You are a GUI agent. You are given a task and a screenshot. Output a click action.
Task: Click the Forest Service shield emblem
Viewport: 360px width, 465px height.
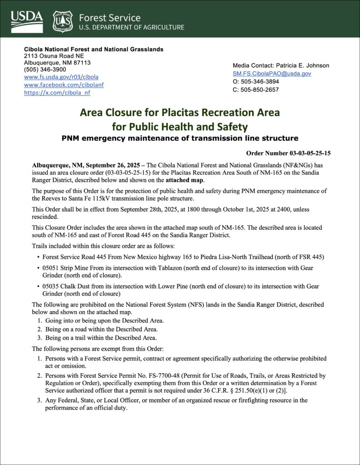point(62,21)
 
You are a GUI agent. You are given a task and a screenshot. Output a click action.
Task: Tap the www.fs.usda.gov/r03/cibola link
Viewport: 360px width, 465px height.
point(61,77)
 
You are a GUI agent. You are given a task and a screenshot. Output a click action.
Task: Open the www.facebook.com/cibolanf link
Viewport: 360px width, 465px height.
point(64,85)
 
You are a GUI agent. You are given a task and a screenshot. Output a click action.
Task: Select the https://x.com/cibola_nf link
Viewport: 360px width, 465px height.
point(57,93)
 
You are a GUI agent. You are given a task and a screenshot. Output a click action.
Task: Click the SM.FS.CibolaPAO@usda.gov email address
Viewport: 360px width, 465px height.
point(272,74)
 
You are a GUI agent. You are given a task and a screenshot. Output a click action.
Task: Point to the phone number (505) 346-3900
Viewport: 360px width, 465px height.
point(45,69)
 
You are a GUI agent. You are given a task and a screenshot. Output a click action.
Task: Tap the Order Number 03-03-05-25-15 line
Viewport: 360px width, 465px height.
point(288,153)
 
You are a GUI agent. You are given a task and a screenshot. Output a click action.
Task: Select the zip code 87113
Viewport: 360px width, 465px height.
point(80,62)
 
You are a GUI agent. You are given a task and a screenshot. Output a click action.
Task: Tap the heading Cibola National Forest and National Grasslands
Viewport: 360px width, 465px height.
point(94,49)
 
